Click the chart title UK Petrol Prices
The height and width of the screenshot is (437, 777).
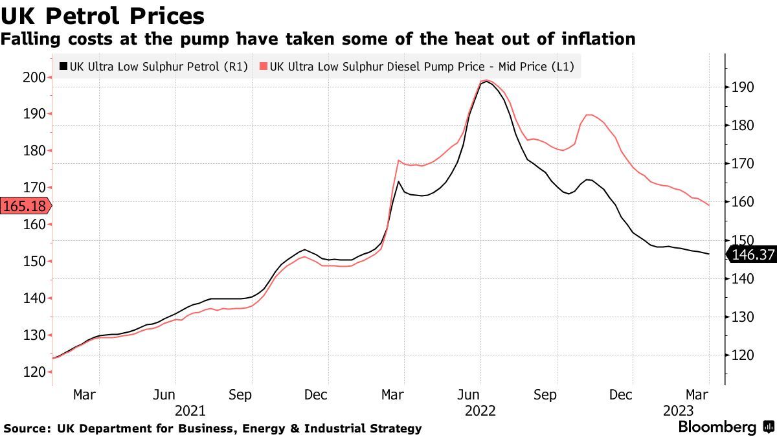[103, 16]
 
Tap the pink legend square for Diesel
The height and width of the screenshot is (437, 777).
[263, 66]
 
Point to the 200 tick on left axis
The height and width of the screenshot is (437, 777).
[34, 77]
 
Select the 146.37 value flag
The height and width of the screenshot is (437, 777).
[752, 255]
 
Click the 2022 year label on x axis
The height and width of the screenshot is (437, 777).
[480, 411]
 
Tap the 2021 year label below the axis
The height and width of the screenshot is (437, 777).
[190, 411]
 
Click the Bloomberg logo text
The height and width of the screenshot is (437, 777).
[717, 427]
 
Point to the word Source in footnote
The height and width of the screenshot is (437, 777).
[27, 428]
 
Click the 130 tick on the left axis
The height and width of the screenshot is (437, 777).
[34, 335]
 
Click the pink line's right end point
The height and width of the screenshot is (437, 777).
[708, 206]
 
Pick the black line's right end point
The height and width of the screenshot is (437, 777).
[708, 254]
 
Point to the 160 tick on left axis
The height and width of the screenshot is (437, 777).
[34, 224]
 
